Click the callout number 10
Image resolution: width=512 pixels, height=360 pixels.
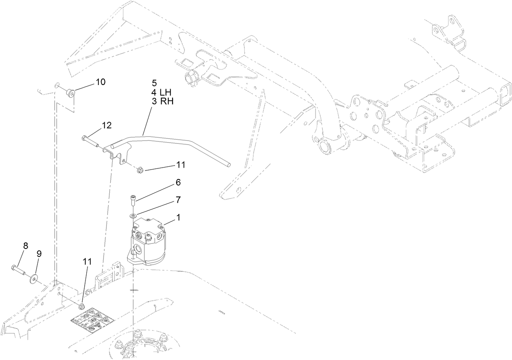[101, 82]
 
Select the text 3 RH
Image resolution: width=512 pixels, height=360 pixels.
[162, 101]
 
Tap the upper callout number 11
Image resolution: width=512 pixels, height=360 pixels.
[181, 165]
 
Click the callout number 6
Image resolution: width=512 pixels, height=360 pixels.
[178, 183]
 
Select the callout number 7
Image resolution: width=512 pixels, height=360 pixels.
[178, 200]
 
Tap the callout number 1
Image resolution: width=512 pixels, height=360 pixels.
[178, 218]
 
